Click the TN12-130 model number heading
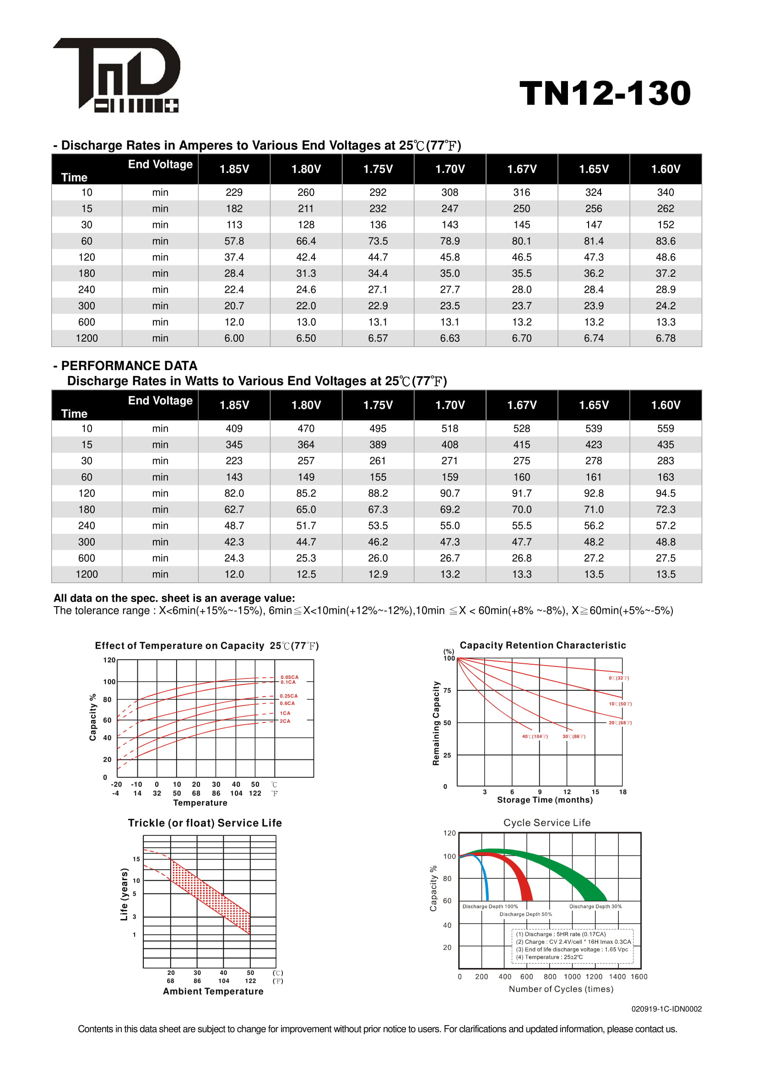(605, 93)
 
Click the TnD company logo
(117, 75)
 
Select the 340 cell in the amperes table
(665, 193)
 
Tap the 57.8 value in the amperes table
(234, 241)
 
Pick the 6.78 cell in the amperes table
(665, 339)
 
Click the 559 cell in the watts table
(665, 429)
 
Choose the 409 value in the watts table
(234, 429)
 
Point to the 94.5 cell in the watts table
(665, 494)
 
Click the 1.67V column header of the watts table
(522, 405)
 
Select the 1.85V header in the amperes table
(234, 169)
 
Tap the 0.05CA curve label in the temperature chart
(289, 677)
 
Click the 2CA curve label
(285, 721)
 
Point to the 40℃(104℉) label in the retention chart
(535, 737)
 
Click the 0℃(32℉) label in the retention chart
(619, 678)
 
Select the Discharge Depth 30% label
(595, 906)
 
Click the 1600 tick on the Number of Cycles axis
(638, 977)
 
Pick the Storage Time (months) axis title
(545, 800)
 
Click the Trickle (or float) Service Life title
(205, 823)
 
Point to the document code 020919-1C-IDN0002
(666, 1009)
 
